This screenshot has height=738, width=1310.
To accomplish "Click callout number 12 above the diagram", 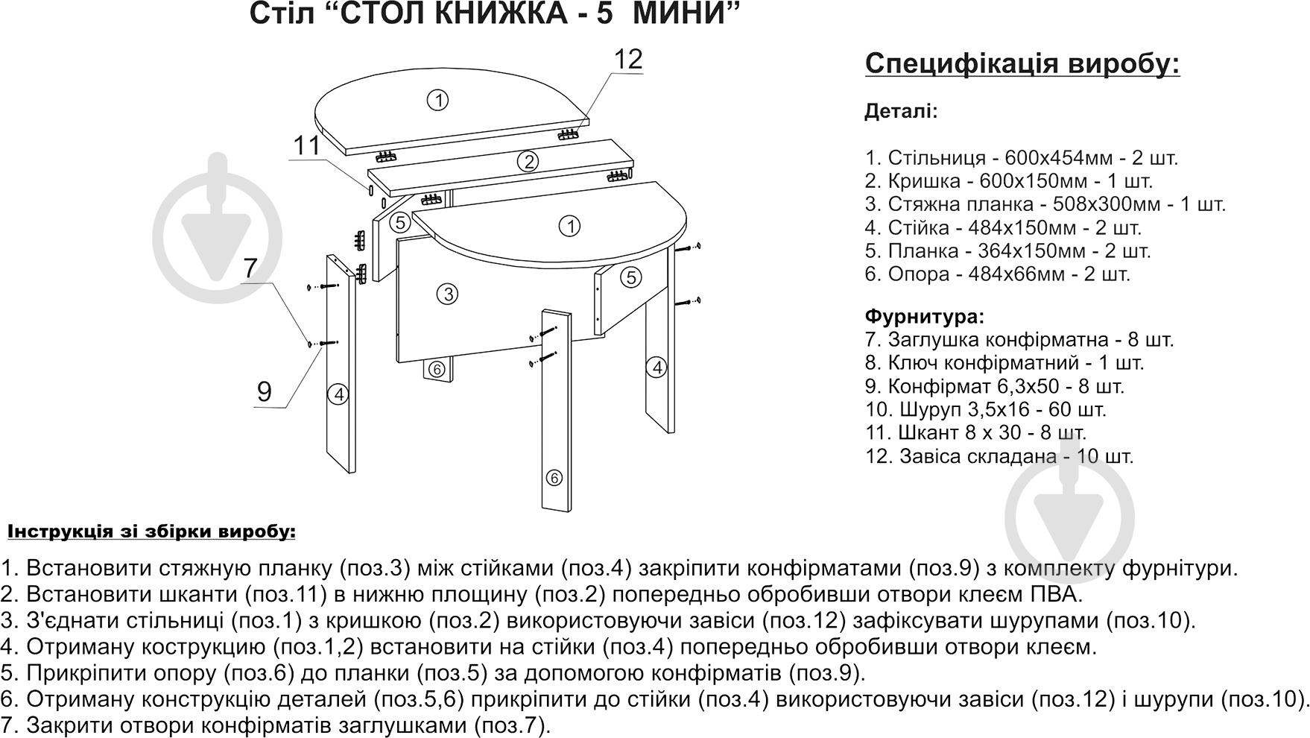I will coord(628,59).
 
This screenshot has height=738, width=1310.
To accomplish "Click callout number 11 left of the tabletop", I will coord(306,145).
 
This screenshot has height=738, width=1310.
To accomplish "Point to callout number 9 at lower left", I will coord(264,391).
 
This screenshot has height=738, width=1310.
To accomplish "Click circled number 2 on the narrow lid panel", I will coord(528,161).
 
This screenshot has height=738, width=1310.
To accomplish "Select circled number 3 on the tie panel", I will coord(446,294).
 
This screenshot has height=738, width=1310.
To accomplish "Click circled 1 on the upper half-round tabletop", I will coord(437,100).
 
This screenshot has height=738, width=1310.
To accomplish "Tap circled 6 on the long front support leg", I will coord(553,478).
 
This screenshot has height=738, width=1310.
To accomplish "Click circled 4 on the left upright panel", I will coord(339,394).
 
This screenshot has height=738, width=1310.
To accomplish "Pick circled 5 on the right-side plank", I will coord(631,277).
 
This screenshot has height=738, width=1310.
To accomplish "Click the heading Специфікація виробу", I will coord(1022,64).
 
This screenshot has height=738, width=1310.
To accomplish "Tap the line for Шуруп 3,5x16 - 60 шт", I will coord(985,409).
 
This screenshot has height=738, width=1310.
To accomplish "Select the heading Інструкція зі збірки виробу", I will coord(152,532).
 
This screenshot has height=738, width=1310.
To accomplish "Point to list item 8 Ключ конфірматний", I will coord(1004,363).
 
